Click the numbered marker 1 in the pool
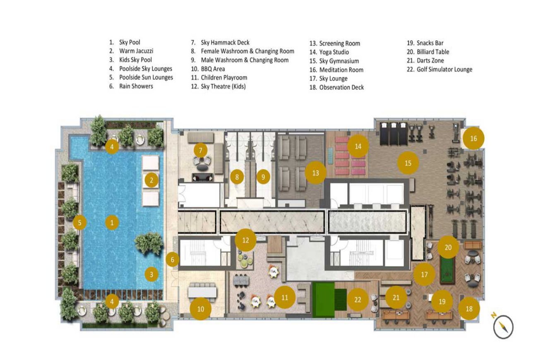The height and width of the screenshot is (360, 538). [x=112, y=223]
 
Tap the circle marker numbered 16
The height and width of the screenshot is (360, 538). [x=473, y=139]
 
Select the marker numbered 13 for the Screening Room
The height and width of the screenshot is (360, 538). [x=316, y=173]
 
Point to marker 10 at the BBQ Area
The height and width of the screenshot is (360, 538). [x=201, y=309]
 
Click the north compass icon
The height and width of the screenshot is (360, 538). [x=504, y=327]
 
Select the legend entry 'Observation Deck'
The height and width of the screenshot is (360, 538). [x=341, y=87]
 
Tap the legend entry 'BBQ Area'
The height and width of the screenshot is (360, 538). [x=213, y=69]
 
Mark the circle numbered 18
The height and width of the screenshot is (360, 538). [x=469, y=308]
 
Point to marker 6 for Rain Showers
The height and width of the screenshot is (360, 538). [x=173, y=259]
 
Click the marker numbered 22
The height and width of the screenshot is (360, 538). [x=358, y=300]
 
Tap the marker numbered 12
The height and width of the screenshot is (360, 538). [x=246, y=240]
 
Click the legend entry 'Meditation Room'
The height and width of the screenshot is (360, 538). [x=341, y=70]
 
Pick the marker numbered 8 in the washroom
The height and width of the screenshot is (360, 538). [x=237, y=178]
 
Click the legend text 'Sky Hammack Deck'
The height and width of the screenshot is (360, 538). [x=225, y=43]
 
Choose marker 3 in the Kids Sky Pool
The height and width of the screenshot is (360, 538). [x=151, y=274]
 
